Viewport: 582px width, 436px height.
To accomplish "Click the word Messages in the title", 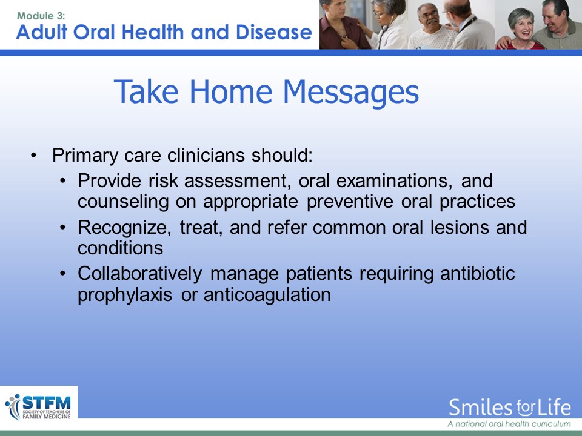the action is [x=351, y=92].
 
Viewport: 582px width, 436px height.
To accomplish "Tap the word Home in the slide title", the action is [x=231, y=91].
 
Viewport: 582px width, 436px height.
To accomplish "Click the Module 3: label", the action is [x=41, y=16].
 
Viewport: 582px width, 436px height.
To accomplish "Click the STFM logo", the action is [x=39, y=407].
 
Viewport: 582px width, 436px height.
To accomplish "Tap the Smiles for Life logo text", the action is [x=510, y=408].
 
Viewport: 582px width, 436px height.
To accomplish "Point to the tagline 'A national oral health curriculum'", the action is [x=509, y=424].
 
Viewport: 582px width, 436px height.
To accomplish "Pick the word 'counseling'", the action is [x=123, y=202].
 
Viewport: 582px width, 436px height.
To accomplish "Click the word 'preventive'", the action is [x=350, y=202].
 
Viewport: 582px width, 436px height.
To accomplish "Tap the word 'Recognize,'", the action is [x=124, y=228].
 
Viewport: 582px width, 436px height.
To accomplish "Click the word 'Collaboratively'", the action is [x=140, y=274].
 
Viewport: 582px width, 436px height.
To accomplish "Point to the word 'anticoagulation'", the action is [x=267, y=296].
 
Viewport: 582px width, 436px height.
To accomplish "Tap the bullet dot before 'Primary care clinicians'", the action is [x=34, y=156].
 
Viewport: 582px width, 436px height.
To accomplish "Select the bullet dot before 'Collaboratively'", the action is [x=62, y=273].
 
